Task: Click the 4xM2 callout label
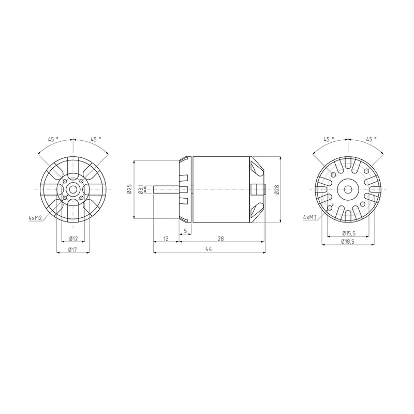35,218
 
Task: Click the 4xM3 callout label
310,217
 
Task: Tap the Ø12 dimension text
73,239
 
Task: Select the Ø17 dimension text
72,249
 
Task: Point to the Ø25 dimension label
129,189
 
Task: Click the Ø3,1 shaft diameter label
141,189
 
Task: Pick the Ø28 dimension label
276,189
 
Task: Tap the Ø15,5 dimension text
349,233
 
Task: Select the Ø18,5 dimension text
348,242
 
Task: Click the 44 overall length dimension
209,249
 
